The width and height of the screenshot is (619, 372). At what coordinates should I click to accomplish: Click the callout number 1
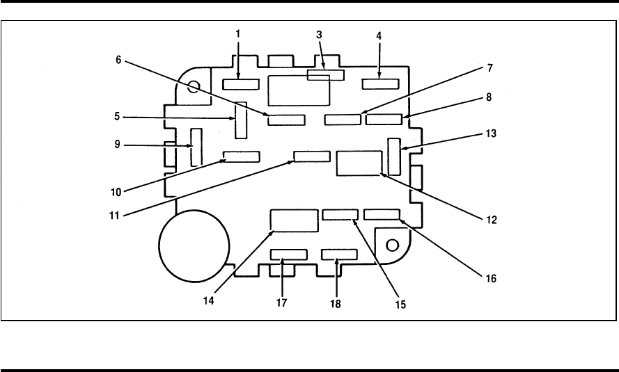click(x=238, y=34)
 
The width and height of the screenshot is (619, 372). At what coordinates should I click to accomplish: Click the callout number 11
click(x=117, y=216)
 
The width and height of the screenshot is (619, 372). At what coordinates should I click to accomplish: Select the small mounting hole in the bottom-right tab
click(x=393, y=245)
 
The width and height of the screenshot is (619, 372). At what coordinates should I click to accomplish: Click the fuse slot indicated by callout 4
click(x=380, y=84)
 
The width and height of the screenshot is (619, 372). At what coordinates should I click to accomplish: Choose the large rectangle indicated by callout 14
click(x=293, y=219)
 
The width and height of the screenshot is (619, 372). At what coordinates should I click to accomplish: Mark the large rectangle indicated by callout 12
click(x=359, y=163)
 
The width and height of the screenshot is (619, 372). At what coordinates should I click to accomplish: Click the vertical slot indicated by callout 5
click(x=241, y=120)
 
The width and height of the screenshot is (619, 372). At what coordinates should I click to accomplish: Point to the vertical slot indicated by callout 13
click(x=394, y=156)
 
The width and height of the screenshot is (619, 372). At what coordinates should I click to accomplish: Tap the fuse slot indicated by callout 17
click(x=288, y=254)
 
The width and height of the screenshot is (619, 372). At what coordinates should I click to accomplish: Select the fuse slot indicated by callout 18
click(x=340, y=254)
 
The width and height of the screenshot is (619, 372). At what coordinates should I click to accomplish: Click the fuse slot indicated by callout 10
click(x=241, y=156)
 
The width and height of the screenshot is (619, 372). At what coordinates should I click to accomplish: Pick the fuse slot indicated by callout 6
click(x=286, y=120)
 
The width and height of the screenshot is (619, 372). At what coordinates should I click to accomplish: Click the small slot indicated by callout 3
click(x=325, y=74)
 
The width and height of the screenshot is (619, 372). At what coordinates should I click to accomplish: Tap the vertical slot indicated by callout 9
click(x=196, y=147)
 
